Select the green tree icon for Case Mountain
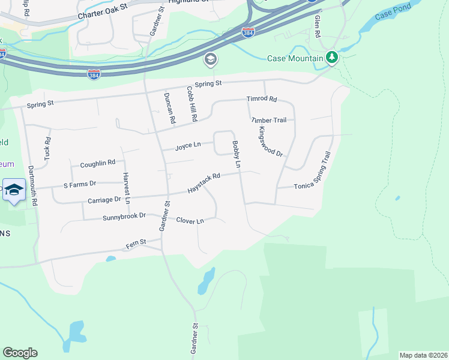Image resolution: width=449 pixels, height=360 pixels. click(x=332, y=58)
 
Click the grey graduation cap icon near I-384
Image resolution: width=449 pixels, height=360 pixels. click(x=210, y=59)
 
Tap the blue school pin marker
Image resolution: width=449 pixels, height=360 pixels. click(x=14, y=190)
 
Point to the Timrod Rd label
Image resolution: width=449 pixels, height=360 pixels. click(x=262, y=99)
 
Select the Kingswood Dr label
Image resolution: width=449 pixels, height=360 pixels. click(x=270, y=141)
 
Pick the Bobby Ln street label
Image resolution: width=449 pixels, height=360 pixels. click(x=237, y=154)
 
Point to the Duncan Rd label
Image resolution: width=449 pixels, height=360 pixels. click(x=169, y=109)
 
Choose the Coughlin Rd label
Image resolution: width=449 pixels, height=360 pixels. click(x=97, y=163)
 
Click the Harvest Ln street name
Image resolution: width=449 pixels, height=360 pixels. click(x=127, y=188)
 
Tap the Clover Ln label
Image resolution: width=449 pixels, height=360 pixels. click(x=190, y=221)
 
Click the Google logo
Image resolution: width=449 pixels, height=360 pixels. click(x=20, y=353)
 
